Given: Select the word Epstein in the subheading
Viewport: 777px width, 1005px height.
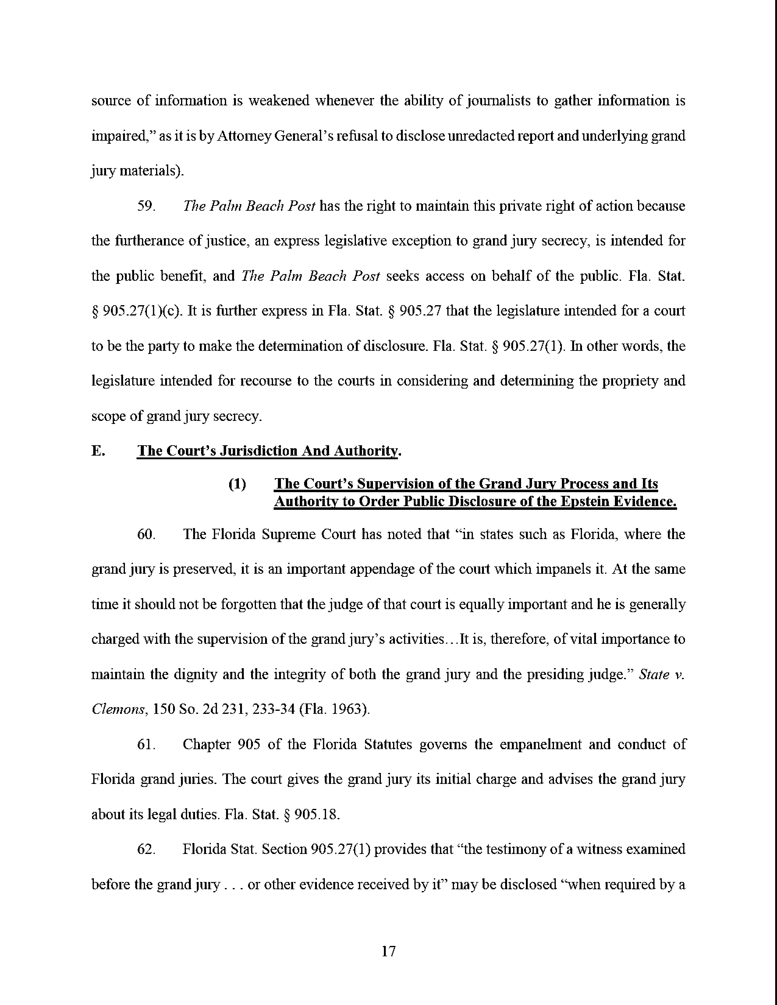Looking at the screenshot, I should pyautogui.click(x=586, y=501).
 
